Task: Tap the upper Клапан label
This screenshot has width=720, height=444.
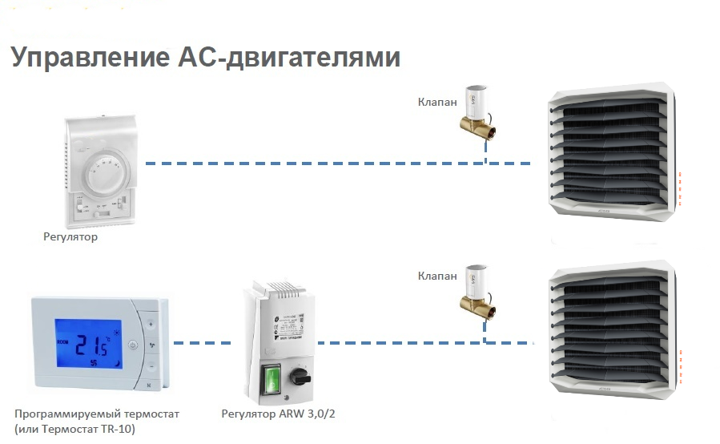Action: pos(437,102)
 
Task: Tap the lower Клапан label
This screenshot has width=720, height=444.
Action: pos(437,276)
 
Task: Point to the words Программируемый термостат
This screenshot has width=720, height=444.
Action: pos(97,414)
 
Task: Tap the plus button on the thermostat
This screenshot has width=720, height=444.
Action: pos(153,324)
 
